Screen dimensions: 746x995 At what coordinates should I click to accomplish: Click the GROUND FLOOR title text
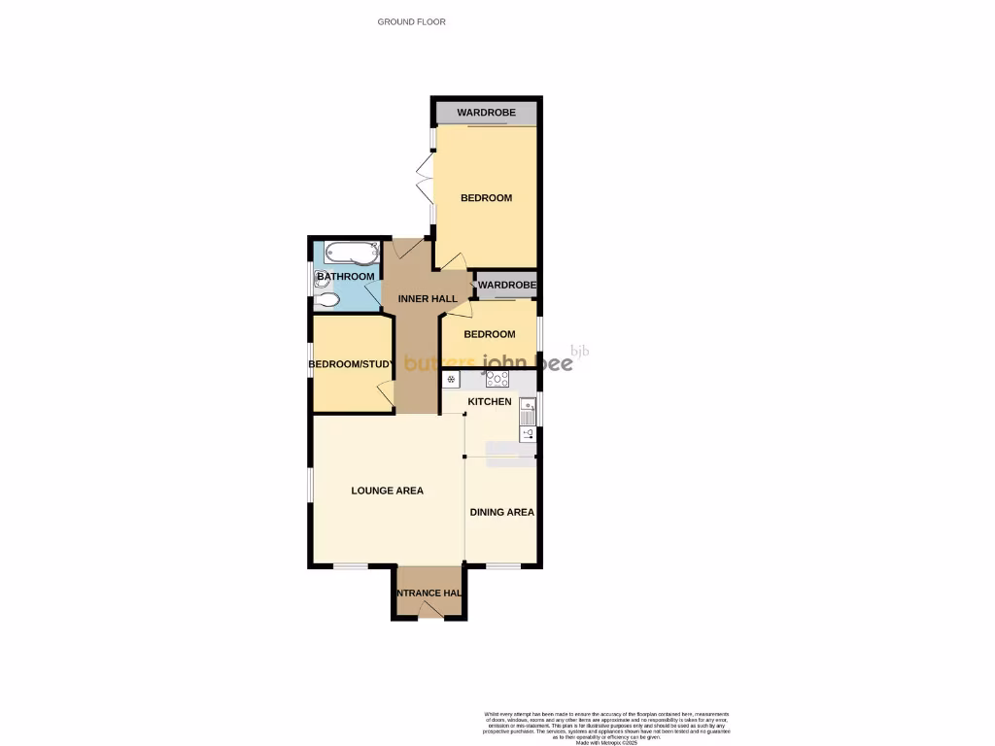411,21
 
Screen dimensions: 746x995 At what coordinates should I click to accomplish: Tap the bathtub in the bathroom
351,254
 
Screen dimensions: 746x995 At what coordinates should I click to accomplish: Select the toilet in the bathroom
327,300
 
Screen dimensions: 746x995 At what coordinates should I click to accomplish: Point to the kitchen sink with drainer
527,412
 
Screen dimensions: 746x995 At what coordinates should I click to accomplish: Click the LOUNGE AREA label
387,491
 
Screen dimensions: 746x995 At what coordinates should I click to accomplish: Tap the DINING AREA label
501,512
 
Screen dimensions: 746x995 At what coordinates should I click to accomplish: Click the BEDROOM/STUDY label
350,365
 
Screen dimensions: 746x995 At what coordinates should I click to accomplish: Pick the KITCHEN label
490,401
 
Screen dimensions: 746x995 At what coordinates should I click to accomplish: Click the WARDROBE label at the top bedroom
486,113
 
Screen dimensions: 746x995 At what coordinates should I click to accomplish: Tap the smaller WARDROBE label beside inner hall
506,285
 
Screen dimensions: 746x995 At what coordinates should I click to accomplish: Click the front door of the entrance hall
428,610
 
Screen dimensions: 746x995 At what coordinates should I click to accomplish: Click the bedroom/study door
386,394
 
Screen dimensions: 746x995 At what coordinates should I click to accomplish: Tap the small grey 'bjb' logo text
579,352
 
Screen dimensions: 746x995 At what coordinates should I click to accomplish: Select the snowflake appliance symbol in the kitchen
451,380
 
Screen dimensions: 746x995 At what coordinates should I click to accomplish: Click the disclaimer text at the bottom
606,726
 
